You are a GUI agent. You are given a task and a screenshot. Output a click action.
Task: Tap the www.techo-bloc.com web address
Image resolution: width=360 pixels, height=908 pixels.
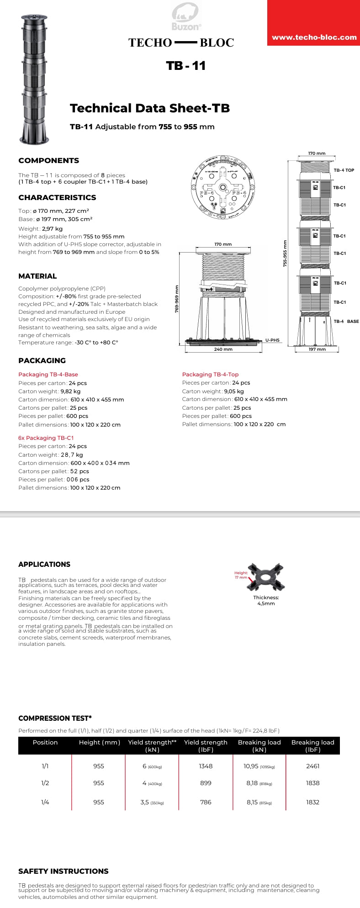point(314,37)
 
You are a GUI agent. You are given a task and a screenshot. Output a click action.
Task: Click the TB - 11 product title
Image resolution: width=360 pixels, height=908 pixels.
point(186,66)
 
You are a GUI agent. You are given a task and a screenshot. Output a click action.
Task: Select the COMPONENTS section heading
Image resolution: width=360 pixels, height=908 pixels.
point(48,160)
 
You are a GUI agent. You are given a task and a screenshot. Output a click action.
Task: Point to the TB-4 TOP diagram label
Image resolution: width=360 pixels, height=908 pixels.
point(344,170)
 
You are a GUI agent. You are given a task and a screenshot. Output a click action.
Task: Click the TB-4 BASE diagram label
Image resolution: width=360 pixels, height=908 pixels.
point(346,322)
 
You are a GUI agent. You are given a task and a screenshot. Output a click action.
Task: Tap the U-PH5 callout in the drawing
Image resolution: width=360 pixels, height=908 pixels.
point(272,340)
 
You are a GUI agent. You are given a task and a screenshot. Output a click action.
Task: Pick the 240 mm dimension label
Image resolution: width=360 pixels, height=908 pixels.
point(223,349)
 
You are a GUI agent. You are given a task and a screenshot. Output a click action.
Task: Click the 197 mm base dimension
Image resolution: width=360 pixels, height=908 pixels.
point(317,349)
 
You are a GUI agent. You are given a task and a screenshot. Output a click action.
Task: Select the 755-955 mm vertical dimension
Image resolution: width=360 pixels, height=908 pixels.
point(285,253)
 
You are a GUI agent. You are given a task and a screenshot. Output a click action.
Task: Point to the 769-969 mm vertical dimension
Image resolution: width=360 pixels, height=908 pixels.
point(177,299)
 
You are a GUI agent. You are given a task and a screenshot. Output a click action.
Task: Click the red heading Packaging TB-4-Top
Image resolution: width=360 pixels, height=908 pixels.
point(210,375)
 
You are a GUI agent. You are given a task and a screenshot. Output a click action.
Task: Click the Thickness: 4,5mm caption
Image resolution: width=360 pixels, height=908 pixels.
point(266,600)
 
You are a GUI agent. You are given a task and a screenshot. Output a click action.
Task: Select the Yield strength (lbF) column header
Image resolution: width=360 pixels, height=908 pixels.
point(206,746)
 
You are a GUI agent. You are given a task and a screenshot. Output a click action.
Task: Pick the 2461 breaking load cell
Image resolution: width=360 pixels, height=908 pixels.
point(312,766)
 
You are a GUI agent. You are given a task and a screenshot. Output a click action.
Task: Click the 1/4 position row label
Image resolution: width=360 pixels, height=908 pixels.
point(45,802)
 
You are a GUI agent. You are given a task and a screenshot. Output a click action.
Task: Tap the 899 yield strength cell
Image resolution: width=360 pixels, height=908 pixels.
point(206,783)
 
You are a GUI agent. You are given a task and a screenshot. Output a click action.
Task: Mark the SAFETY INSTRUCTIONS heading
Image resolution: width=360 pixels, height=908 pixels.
point(64,871)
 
